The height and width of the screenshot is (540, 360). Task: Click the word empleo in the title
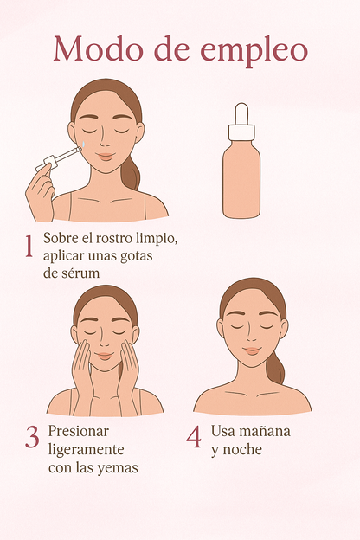pos(254,51)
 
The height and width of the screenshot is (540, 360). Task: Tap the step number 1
pos(29,247)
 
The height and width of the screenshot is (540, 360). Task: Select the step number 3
pos(32,437)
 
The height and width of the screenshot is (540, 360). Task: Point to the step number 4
pos(194,437)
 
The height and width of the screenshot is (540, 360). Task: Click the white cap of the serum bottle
pos(241,132)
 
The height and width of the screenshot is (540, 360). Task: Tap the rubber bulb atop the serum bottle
pos(241,113)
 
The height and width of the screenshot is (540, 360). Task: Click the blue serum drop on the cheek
pos(84,145)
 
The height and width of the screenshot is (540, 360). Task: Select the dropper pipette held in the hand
pos(59,159)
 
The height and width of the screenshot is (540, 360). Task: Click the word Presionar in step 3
pos(78,431)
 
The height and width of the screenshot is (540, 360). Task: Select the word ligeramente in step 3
pos(87,450)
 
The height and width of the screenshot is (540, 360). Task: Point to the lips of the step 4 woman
pos(252,351)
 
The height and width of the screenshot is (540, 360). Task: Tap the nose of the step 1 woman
pos(105,140)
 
